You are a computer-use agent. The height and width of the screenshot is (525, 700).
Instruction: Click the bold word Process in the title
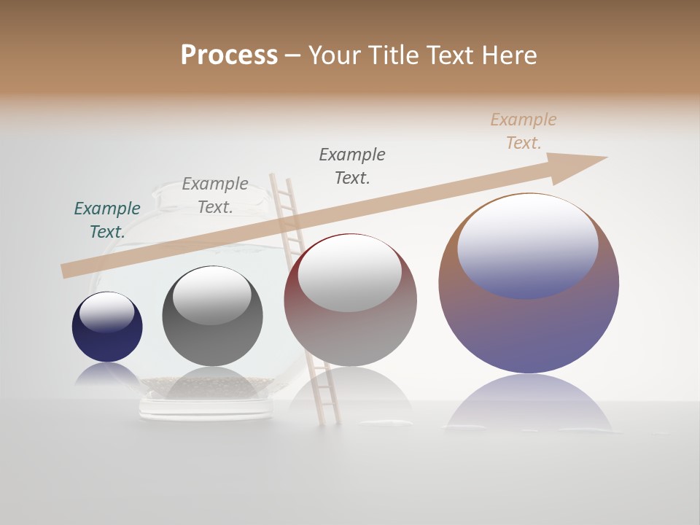(x=229, y=55)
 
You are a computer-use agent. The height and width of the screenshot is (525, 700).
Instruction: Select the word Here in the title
(x=509, y=55)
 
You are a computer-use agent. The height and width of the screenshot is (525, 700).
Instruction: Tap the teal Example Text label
(x=107, y=219)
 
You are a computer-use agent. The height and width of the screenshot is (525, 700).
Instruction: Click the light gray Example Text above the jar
(x=215, y=195)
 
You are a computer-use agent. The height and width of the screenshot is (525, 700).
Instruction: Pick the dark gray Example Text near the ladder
(x=352, y=166)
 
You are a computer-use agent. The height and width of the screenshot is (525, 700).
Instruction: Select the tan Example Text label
(x=523, y=131)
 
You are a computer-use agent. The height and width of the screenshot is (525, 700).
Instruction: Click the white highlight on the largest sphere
(x=527, y=244)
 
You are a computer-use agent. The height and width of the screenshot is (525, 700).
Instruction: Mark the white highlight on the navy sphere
(x=107, y=312)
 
